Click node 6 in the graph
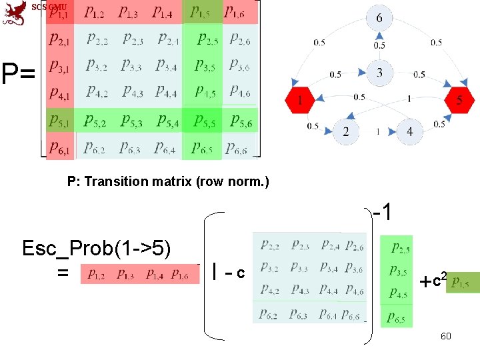coord(379,18)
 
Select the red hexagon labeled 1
coord(299,101)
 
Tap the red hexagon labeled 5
coord(460,101)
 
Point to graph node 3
coord(379,72)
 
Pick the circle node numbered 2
coord(346,131)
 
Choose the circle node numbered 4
coord(409,131)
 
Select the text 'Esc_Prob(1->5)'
coord(97,249)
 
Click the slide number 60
coord(445,336)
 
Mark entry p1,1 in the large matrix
coord(59,13)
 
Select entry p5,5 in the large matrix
coord(203,121)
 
